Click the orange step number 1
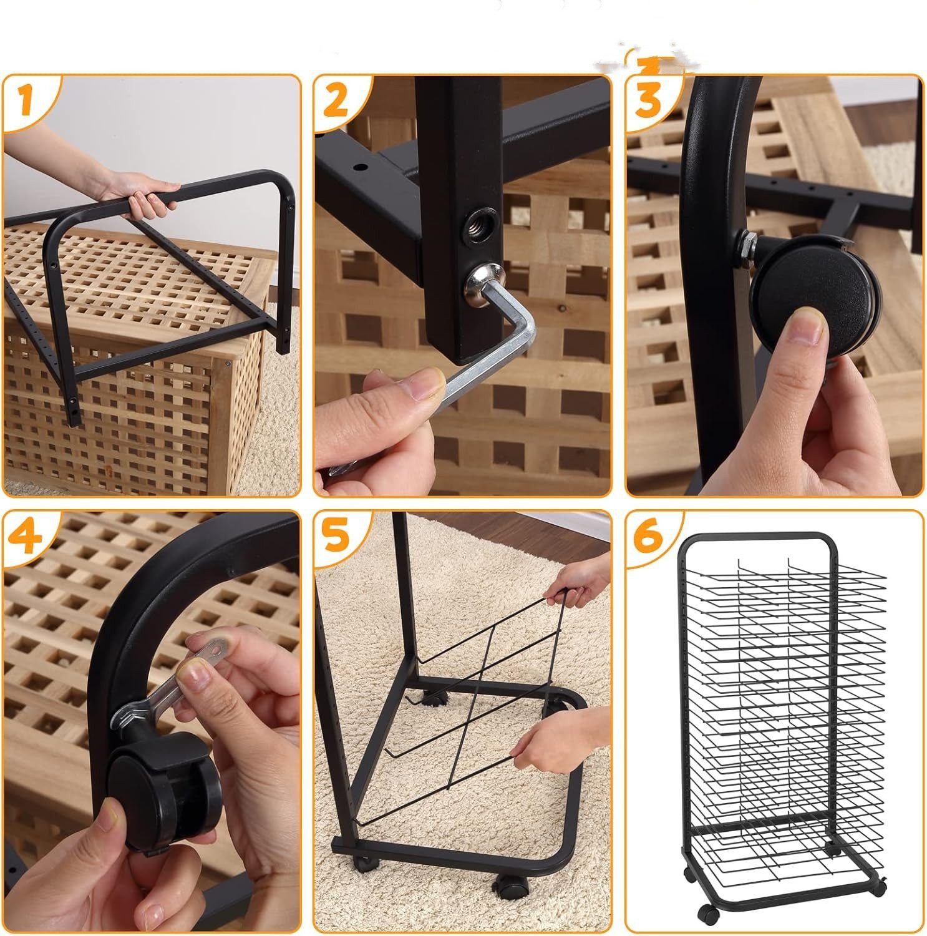[x=24, y=101]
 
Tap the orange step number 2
[x=336, y=100]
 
